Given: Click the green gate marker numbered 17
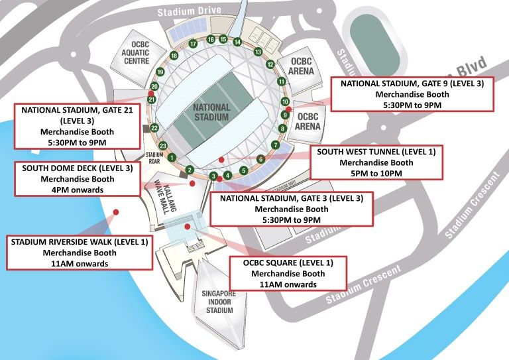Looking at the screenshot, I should [x=193, y=44].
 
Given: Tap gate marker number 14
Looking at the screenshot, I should [x=237, y=42].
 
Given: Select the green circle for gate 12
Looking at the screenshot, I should [x=270, y=64].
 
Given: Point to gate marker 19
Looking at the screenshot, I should [x=160, y=72].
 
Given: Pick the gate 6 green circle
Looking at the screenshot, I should [x=261, y=159].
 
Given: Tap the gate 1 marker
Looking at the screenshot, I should [x=172, y=157].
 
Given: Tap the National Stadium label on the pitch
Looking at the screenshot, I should [x=211, y=112].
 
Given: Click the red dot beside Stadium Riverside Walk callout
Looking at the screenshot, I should [x=116, y=211].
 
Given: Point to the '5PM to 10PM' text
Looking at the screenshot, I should [x=375, y=173].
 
